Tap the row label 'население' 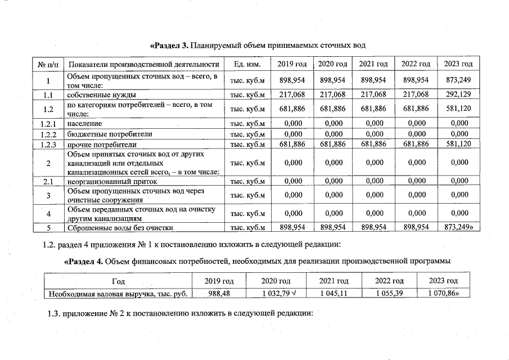(x=84, y=123)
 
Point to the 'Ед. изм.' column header (x=247, y=64)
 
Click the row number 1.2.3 (x=48, y=145)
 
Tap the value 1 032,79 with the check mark (x=276, y=293)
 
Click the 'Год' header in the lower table (x=118, y=281)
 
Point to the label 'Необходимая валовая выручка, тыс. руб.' (x=118, y=293)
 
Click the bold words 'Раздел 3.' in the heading (x=169, y=44)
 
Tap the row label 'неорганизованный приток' (x=112, y=182)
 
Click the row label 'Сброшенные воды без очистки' (x=120, y=228)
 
